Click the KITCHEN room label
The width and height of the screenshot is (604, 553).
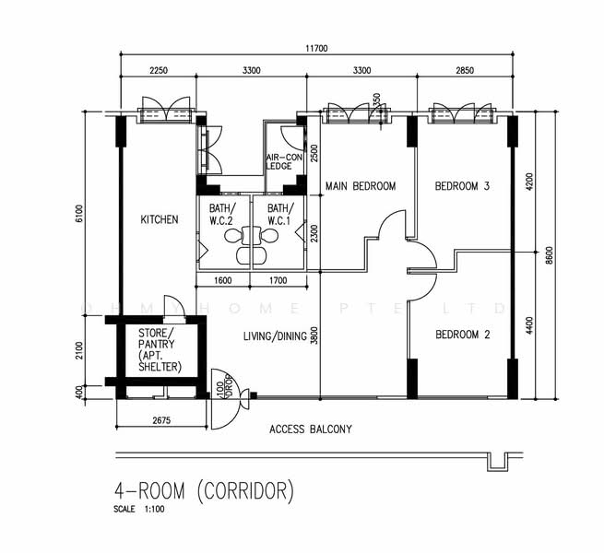(159, 219)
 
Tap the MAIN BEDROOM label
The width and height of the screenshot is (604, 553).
(361, 186)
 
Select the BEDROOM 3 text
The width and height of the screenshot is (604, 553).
(462, 186)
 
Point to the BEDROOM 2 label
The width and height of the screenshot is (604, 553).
(462, 334)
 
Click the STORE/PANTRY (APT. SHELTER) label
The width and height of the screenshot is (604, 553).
(160, 349)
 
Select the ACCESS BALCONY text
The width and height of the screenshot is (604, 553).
(310, 429)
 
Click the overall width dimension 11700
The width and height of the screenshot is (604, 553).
(315, 49)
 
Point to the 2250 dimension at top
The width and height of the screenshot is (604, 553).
(158, 70)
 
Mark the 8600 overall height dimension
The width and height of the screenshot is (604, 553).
(550, 255)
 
